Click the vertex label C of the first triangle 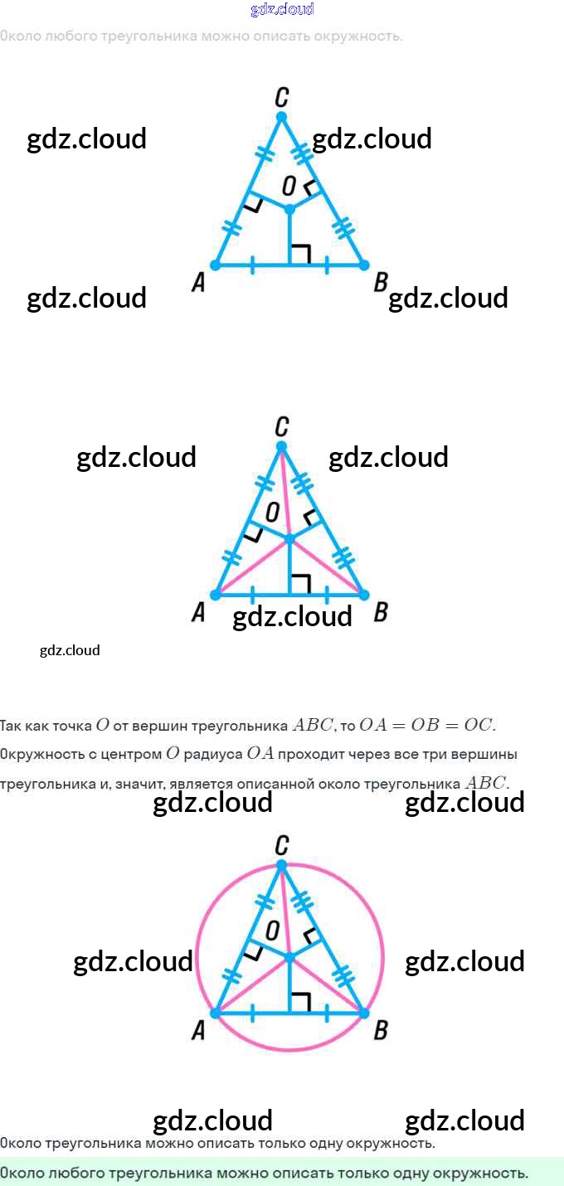click(281, 96)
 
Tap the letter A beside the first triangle click(198, 284)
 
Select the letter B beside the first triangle click(381, 283)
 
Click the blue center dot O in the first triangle click(289, 209)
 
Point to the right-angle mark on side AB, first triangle click(301, 254)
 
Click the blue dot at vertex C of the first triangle click(281, 116)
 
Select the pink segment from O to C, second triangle click(285, 493)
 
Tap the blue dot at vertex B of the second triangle click(363, 595)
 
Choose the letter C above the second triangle click(281, 427)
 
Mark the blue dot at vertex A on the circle click(216, 1013)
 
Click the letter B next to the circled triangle click(381, 1031)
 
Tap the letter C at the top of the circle click(281, 845)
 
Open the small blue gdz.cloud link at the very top click(282, 10)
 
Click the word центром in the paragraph click(130, 755)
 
